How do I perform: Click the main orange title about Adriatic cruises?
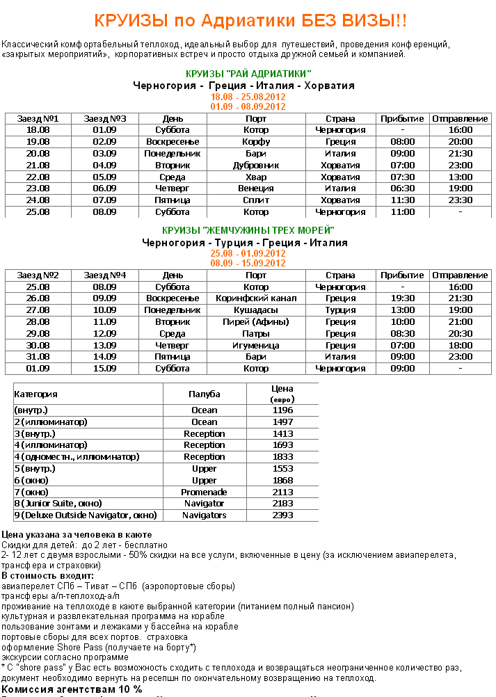pos(250,21)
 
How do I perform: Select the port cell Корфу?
pos(256,142)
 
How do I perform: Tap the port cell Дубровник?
pos(256,166)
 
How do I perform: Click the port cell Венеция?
pos(256,189)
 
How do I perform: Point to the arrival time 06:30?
pos(402,189)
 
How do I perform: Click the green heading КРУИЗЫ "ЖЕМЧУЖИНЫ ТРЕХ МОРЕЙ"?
pos(248,230)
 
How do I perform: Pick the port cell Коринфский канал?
pos(256,298)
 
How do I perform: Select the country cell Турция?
pos(340,310)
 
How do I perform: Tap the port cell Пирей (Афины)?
pos(256,322)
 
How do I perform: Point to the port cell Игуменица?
pos(256,346)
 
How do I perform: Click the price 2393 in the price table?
pos(282,515)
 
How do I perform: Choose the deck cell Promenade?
pos(205,492)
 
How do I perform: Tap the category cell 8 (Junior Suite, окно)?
pos(58,504)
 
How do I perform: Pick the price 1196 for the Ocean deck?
pos(282,410)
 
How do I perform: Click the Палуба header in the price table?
pos(205,394)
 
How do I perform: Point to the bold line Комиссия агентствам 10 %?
pos(72,689)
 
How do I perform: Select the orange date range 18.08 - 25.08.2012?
pos(248,97)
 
